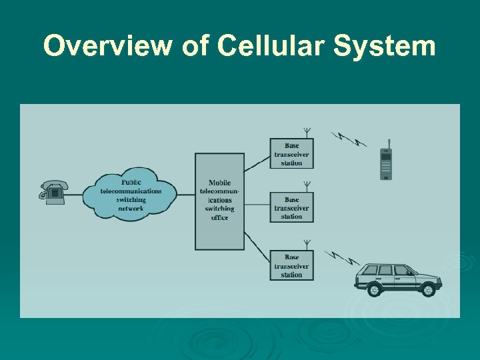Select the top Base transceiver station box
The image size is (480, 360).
[291, 154]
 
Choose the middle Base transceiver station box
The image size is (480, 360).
[291, 208]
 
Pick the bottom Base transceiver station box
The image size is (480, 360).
[291, 265]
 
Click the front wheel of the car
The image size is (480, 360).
[427, 290]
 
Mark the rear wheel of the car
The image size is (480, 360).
[375, 290]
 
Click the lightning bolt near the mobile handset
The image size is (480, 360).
[349, 139]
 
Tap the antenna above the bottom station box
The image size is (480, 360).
[307, 244]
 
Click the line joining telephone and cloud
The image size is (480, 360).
[75, 194]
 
